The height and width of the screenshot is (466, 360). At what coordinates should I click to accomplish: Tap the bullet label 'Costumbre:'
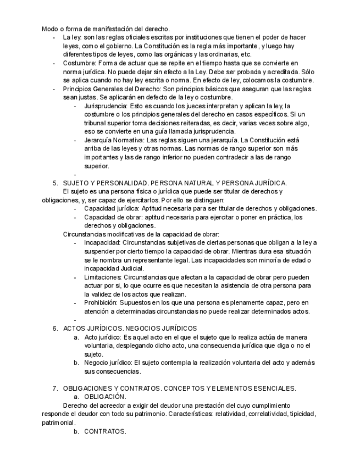pos(80,63)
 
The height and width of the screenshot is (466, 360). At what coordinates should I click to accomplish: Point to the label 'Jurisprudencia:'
pos(107,105)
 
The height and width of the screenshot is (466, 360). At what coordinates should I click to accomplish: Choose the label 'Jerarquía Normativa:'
pos(116,140)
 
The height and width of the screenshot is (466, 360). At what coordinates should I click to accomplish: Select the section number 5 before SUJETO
pos(55,182)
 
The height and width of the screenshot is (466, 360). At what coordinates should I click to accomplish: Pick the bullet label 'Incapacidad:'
pos(102,242)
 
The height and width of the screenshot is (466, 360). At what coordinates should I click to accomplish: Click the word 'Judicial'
pos(131,268)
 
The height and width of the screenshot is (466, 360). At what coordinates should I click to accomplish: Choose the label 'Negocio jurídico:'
pos(108,363)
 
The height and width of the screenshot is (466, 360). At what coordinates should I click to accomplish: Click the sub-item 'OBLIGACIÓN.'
pos(105,396)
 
